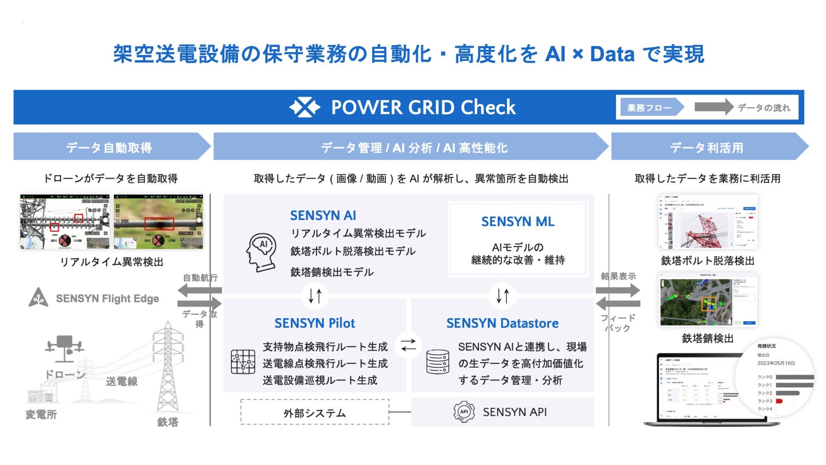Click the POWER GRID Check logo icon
[x=305, y=107]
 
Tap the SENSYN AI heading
[x=323, y=215]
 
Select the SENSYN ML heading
[x=518, y=221]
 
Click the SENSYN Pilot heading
[x=314, y=323]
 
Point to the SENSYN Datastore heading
[x=502, y=323]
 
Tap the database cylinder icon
[x=438, y=362]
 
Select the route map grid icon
[x=243, y=362]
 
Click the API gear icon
[x=464, y=412]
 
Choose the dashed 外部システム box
[x=314, y=412]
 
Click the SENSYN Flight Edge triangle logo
[x=38, y=298]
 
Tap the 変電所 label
[x=41, y=415]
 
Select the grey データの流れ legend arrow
[x=713, y=107]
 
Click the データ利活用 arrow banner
[x=708, y=147]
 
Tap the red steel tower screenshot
[x=708, y=222]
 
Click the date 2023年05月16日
[x=776, y=363]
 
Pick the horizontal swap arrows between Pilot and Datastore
[x=408, y=345]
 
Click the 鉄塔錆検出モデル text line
[x=332, y=272]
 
